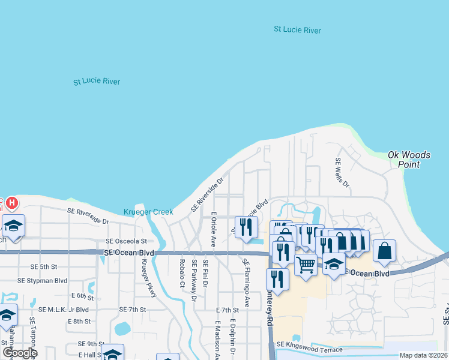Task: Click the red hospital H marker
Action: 11,204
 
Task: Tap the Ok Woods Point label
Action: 409,159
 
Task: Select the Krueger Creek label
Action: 148,212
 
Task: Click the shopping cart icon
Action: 306,263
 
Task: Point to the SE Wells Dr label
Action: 342,172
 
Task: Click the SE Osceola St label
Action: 126,241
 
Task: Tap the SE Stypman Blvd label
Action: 43,280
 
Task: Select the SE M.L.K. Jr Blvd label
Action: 63,310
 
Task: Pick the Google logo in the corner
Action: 19,353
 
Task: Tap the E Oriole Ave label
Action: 213,230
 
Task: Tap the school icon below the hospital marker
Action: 13,226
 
